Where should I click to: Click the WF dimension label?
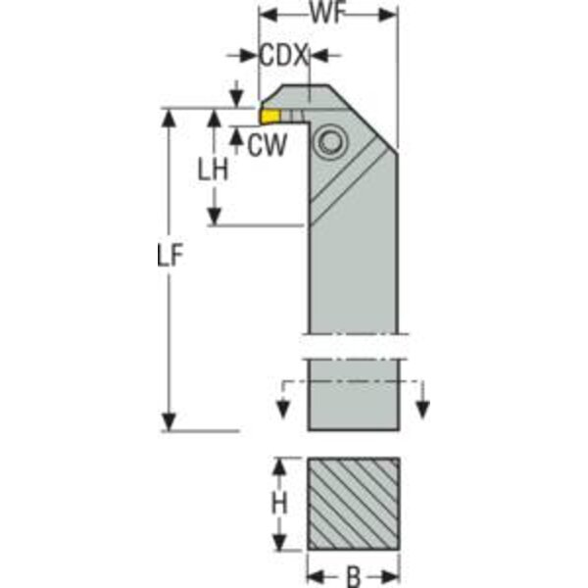click(x=327, y=15)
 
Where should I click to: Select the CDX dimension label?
click(x=283, y=56)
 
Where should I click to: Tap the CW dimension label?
click(x=267, y=145)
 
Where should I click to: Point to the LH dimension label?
click(x=213, y=170)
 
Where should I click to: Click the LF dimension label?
click(x=170, y=255)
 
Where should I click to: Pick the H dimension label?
click(x=279, y=503)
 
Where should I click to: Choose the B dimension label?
click(x=353, y=577)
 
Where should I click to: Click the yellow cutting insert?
click(x=270, y=116)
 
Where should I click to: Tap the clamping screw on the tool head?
click(x=330, y=142)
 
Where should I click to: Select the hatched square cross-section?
click(x=353, y=504)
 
